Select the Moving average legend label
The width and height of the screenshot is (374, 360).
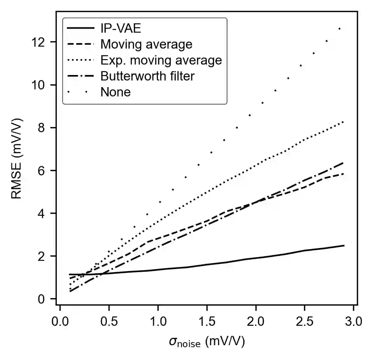(146, 44)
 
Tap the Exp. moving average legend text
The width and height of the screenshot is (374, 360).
(161, 60)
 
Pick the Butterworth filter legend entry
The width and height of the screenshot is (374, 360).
(147, 76)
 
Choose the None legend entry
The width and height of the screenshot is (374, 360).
(115, 92)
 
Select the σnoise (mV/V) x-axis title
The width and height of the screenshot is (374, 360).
(206, 343)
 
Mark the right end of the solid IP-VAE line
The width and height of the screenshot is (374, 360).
(344, 246)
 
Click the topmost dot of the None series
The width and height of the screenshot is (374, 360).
(339, 29)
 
